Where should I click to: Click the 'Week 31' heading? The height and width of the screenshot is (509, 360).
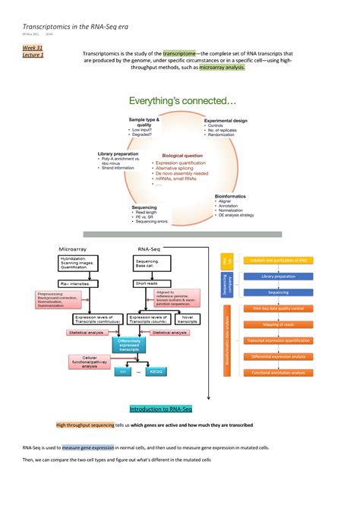tap(31, 47)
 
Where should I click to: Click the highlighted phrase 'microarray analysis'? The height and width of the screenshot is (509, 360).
tap(223, 67)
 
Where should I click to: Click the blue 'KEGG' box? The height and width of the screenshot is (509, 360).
tap(156, 371)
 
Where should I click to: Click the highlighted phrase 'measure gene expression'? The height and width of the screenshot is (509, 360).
tap(88, 448)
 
